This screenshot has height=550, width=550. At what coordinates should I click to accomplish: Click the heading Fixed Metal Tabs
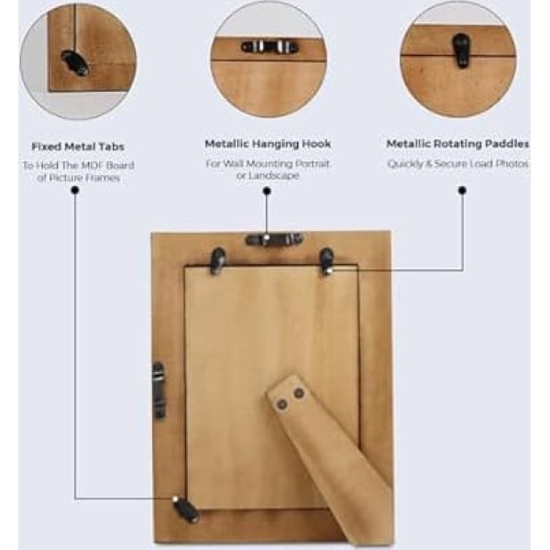[x=78, y=147]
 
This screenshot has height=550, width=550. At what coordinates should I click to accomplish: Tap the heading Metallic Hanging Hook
[x=268, y=144]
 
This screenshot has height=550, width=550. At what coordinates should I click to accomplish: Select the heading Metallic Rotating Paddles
[x=457, y=144]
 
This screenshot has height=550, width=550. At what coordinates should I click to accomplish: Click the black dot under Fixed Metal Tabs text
[x=75, y=191]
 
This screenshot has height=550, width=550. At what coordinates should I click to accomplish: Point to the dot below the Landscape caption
[x=267, y=191]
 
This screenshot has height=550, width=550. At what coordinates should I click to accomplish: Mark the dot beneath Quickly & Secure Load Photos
[x=462, y=191]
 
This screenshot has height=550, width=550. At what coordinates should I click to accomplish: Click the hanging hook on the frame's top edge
[x=274, y=239]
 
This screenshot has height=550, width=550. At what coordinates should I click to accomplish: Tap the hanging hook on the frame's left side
[x=159, y=390]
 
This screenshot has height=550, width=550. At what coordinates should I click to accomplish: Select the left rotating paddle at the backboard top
[x=218, y=261]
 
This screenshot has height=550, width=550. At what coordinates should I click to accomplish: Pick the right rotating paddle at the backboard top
[x=326, y=261]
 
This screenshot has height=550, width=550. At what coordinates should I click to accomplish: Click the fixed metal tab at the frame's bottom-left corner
[x=185, y=509]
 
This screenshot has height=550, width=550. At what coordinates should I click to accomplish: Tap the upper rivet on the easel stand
[x=299, y=393]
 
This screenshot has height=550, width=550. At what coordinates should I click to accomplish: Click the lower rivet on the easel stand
[x=281, y=405]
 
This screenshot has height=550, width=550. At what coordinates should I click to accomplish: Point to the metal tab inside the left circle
[x=75, y=62]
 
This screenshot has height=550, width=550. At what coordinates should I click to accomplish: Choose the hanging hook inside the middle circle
[x=269, y=47]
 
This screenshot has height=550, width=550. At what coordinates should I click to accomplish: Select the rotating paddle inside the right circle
[x=461, y=50]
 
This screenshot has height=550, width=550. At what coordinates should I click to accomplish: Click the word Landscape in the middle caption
[x=268, y=175]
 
